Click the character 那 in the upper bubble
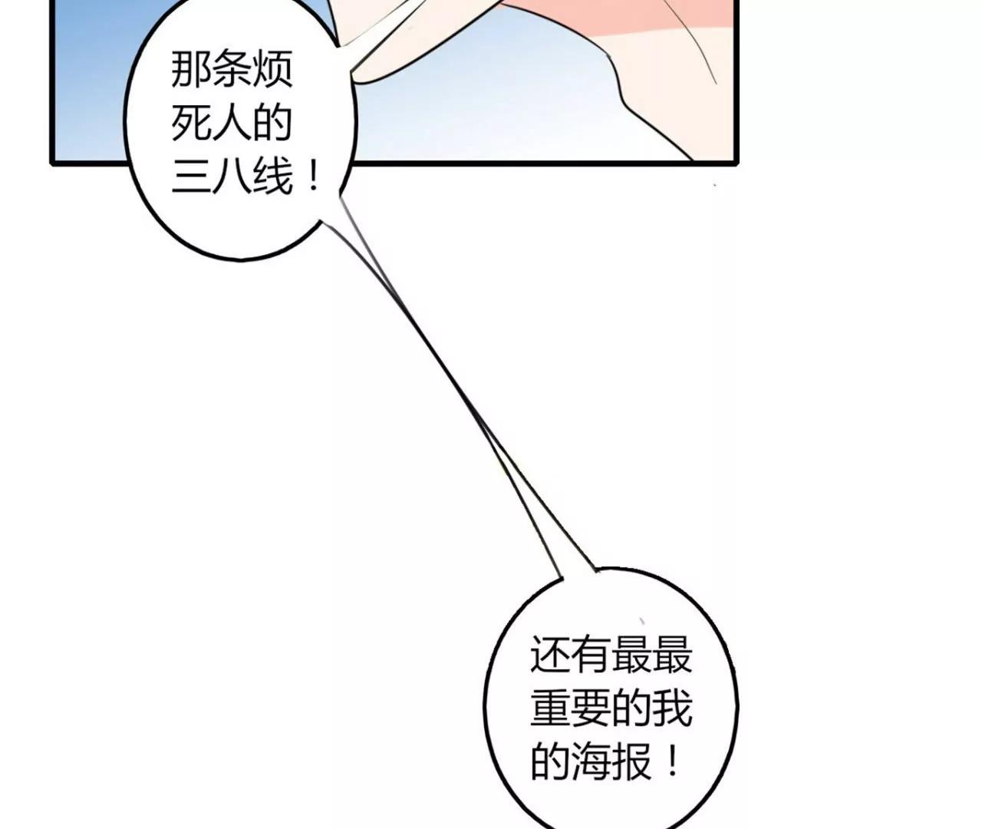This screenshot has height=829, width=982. pos(190,70)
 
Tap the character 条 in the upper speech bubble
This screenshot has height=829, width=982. pos(231,70)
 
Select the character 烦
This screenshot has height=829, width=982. pos(272,70)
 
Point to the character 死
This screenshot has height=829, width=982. pos(190,123)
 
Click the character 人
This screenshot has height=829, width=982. pos(231,123)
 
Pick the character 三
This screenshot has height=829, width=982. pos(190,178)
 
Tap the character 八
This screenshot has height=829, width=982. pos(231,178)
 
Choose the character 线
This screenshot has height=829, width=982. pos(272,178)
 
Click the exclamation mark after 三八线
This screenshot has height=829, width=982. pos(312,178)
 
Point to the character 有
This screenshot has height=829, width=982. pos(591,655)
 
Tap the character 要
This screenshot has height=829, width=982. pos(591,708)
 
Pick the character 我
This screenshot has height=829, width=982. pos(673,708)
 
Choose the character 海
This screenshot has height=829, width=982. pos(591,761)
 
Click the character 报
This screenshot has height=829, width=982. pos(632,761)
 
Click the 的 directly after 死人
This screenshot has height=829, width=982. pos(272,123)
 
